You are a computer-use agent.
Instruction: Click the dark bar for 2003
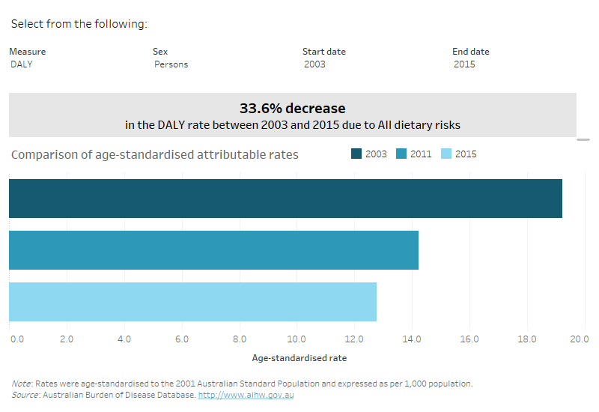(x=285, y=199)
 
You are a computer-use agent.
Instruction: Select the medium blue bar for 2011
(x=213, y=250)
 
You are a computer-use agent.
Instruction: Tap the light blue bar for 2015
(x=192, y=302)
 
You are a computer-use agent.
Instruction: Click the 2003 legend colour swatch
(x=356, y=154)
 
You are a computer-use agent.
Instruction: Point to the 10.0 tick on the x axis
(x=297, y=339)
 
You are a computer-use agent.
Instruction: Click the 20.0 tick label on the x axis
(x=579, y=339)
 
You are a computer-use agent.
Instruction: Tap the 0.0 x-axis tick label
(x=16, y=339)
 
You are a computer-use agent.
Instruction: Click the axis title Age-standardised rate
(x=299, y=358)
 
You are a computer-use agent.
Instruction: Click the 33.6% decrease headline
(x=292, y=109)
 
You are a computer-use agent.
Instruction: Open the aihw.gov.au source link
(x=246, y=395)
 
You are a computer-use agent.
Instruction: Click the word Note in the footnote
(x=21, y=384)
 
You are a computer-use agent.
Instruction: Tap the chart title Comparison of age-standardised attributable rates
(x=155, y=155)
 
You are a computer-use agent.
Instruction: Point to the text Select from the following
(x=79, y=24)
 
